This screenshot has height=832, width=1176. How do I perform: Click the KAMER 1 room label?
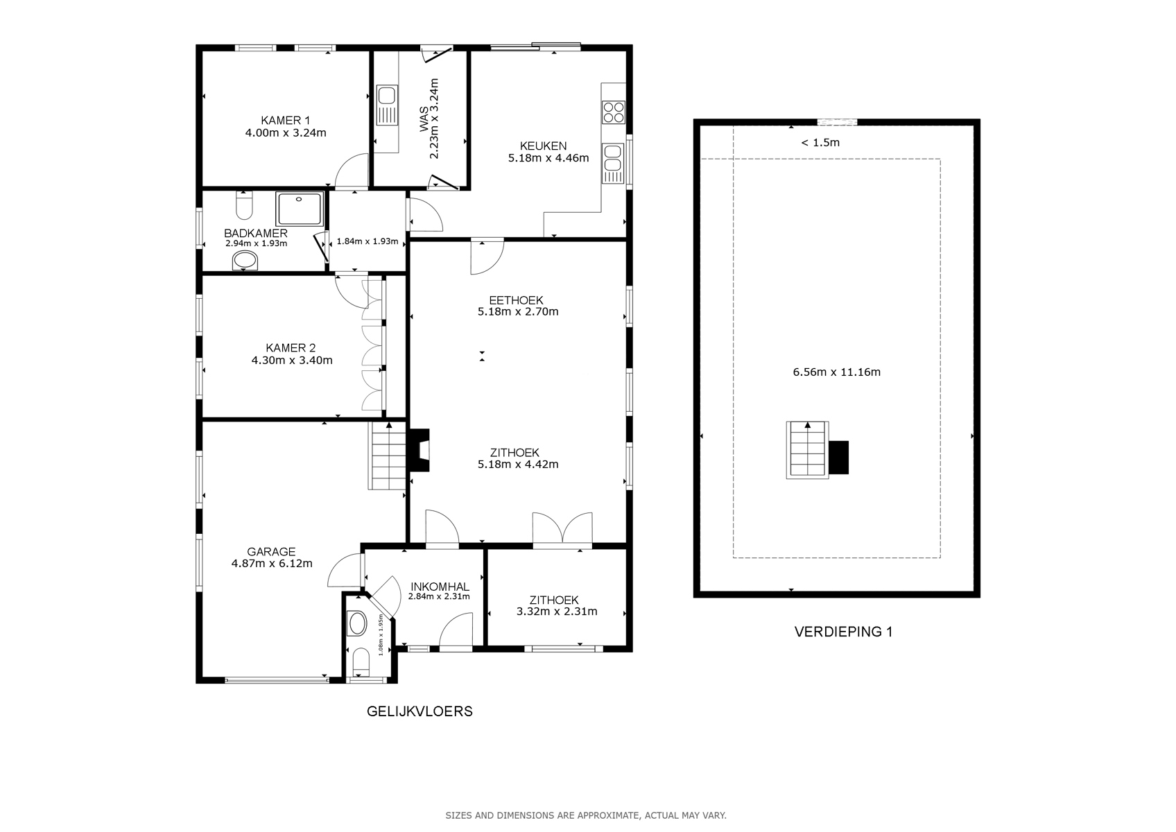285,120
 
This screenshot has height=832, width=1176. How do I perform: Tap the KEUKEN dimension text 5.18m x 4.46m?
548,158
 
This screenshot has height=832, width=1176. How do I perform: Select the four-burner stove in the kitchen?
613,112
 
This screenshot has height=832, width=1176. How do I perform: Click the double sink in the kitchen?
613,163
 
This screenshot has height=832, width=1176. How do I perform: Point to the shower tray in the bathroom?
300,209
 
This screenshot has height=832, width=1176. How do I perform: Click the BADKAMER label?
256,234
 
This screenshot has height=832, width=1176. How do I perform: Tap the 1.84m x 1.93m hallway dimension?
367,241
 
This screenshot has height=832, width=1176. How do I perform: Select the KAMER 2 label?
291,348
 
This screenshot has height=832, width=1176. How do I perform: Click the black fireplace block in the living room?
420,451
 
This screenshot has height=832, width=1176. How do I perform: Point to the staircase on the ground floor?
388,456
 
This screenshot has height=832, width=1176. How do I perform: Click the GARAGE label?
271,552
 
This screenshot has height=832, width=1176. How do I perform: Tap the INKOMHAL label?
440,587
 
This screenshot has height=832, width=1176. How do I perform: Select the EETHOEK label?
516,300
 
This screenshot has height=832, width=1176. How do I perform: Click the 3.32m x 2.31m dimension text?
557,611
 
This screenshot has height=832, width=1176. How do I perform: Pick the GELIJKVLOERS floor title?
420,711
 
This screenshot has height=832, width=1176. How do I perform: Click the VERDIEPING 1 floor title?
843,632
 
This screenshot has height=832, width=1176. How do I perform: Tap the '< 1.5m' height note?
820,142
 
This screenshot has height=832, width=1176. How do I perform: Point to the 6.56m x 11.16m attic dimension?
837,372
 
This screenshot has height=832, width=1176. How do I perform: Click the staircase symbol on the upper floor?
807,450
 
